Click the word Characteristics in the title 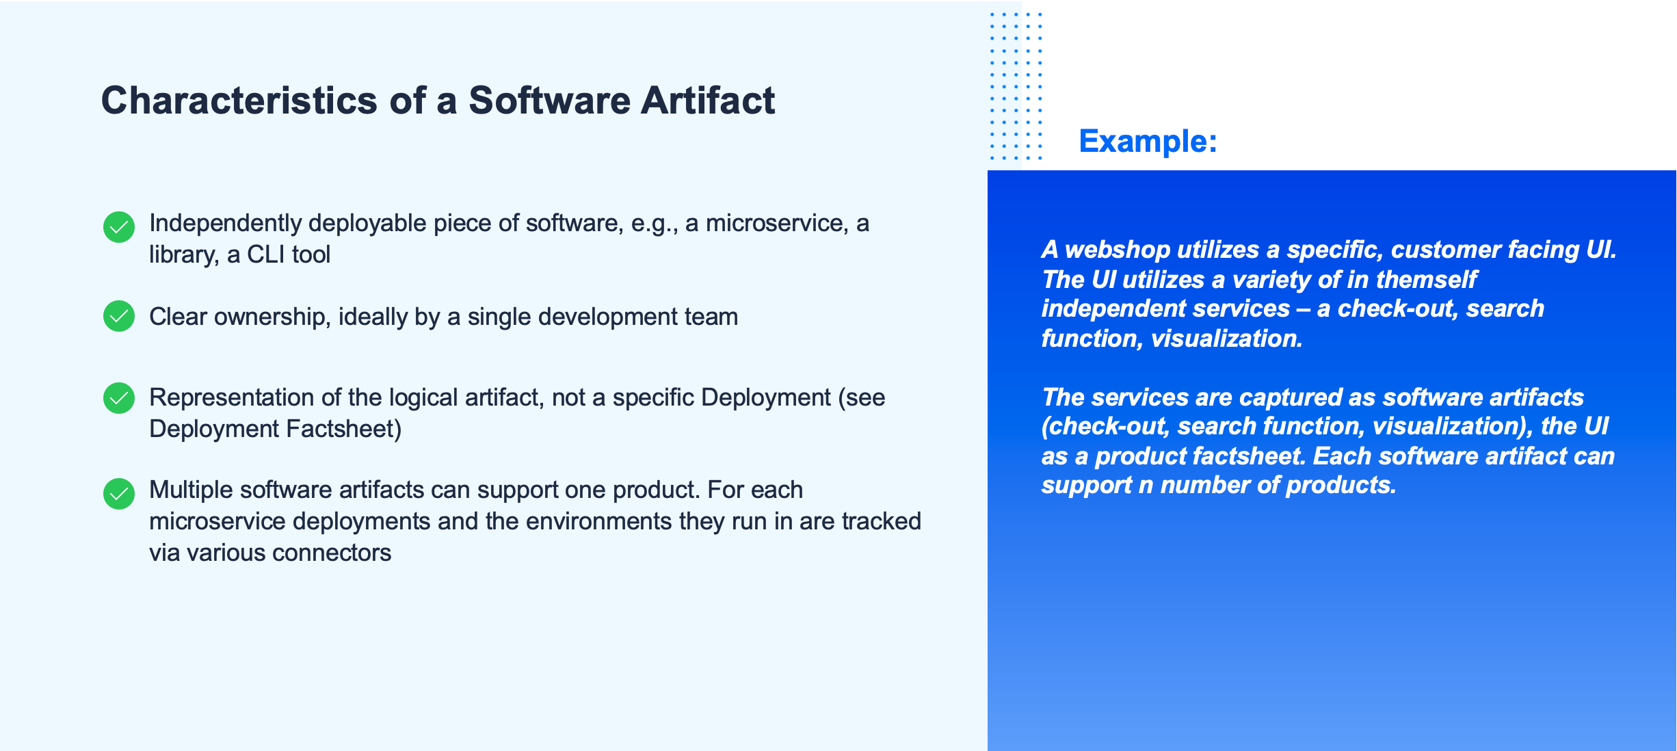click(x=239, y=101)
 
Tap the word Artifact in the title click(x=708, y=101)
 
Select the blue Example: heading click(x=1148, y=142)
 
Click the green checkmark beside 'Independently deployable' click(x=119, y=227)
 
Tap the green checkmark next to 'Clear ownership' click(x=119, y=316)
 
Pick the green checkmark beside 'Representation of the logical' click(x=119, y=398)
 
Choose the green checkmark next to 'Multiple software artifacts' click(x=119, y=494)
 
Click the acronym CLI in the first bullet click(x=265, y=254)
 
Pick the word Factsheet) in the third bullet click(x=343, y=430)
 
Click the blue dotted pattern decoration click(x=1016, y=85)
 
